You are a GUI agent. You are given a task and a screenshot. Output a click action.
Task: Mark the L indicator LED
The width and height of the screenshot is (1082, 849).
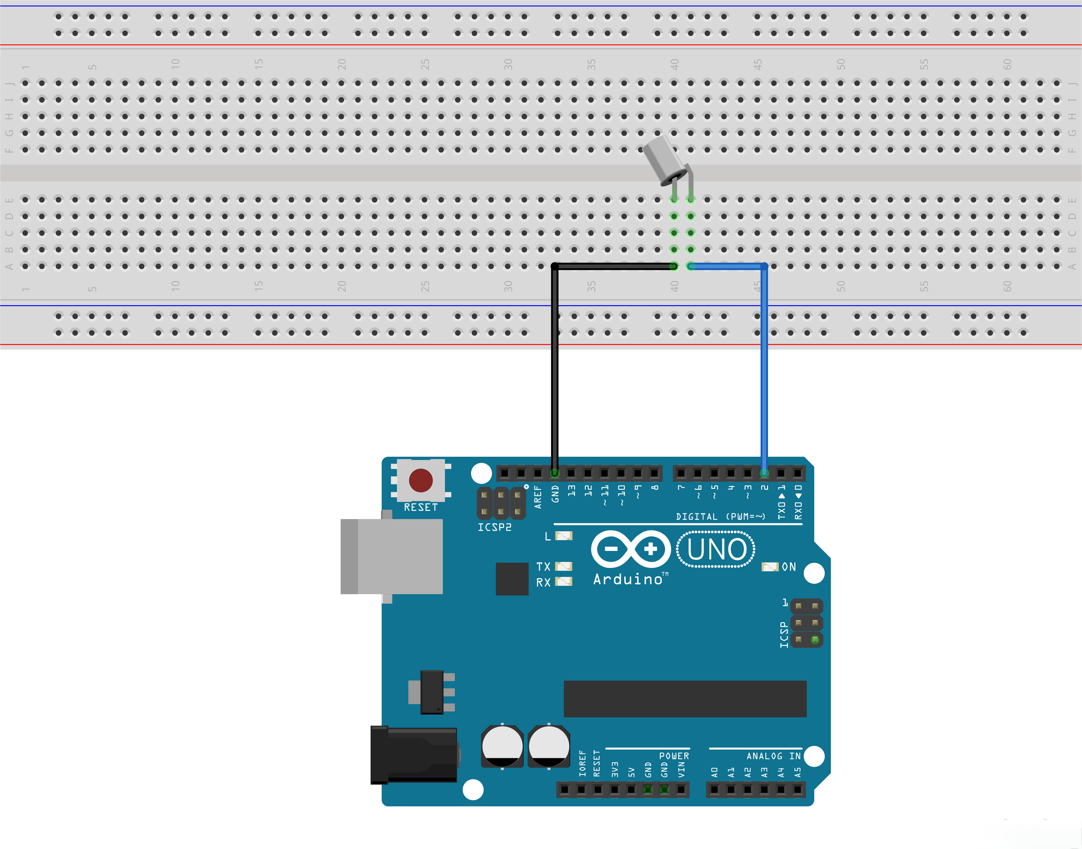(563, 536)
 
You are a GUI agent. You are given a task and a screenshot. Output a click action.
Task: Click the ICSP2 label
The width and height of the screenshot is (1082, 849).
(494, 527)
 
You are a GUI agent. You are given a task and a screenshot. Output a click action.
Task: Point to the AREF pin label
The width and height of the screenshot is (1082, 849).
(538, 497)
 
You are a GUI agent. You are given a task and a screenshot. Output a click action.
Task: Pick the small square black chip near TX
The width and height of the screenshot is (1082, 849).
(512, 579)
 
